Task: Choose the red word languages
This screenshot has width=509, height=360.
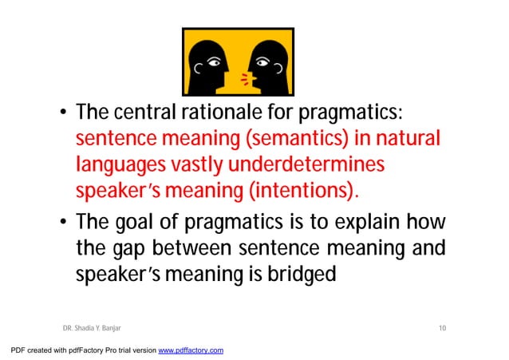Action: click(116, 165)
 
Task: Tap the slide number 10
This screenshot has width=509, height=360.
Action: click(442, 327)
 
